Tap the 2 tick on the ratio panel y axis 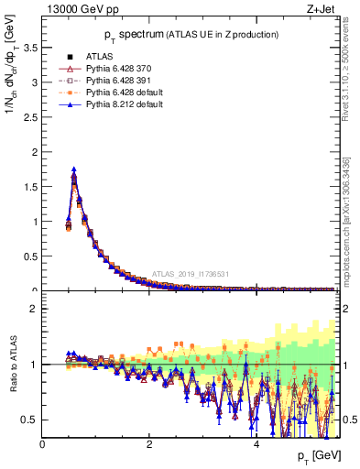pyautogui.click(x=36, y=309)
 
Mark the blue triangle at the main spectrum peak pyautogui.click(x=73, y=169)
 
